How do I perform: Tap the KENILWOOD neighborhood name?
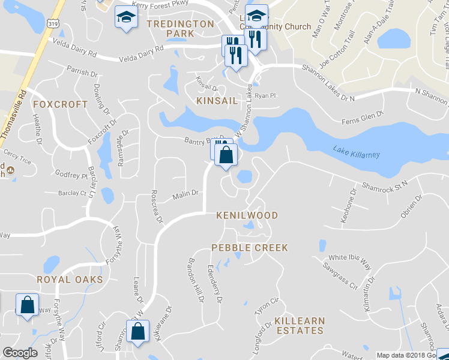pos(247,215)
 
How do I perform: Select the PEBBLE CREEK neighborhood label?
pos(249,248)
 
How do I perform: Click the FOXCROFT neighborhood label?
pos(60,104)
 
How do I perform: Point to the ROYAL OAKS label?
pos(70,280)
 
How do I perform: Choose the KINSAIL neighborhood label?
pos(217,101)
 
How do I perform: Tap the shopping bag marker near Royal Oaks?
pos(28,305)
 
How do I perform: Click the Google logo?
pos(20,353)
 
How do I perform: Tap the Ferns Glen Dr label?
pos(363,116)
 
